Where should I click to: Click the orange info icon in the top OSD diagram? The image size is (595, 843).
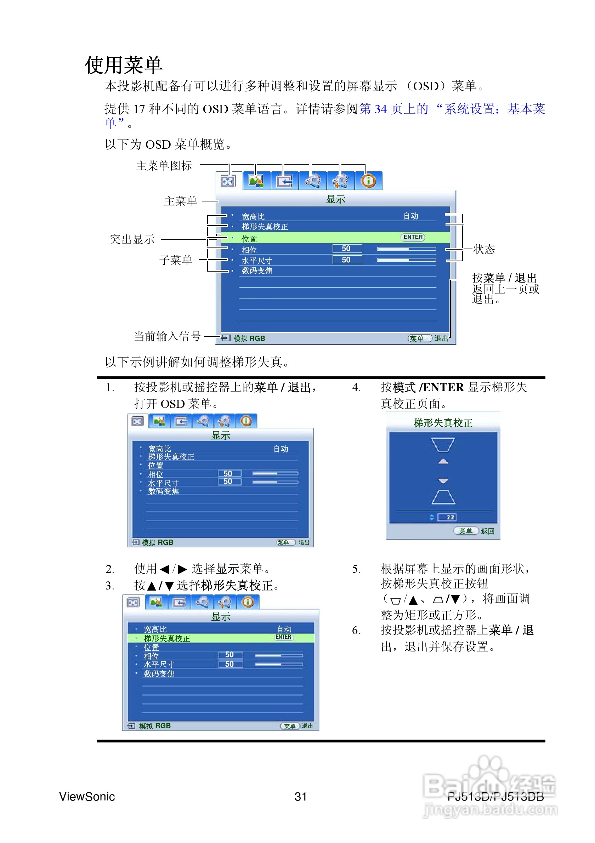pos(368,181)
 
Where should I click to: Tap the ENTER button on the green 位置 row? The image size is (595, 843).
pos(413,237)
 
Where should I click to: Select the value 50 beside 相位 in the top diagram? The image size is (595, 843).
pos(346,249)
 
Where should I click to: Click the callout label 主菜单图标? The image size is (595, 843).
pos(164,166)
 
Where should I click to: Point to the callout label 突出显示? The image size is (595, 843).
pos(132,239)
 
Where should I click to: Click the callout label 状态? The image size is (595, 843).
pos(484,249)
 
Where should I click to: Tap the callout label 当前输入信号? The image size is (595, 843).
pos(167,336)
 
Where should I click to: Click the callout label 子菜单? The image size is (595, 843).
pos(176,260)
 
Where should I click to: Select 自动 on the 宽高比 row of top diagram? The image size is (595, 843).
pos(410,216)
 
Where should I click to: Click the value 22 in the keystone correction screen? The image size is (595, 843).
pos(450,517)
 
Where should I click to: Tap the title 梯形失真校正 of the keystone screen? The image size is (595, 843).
pos(443,423)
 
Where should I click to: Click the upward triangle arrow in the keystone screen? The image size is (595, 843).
pos(443,462)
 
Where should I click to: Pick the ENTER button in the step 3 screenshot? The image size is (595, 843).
pos(284,637)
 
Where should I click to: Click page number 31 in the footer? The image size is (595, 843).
pos(300,796)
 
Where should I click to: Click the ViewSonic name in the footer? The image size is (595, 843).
pos(87,796)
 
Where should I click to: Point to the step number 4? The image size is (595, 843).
pos(356,387)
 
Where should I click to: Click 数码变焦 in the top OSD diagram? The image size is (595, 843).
pos(257,270)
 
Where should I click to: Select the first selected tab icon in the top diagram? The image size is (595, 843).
pos(228,181)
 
